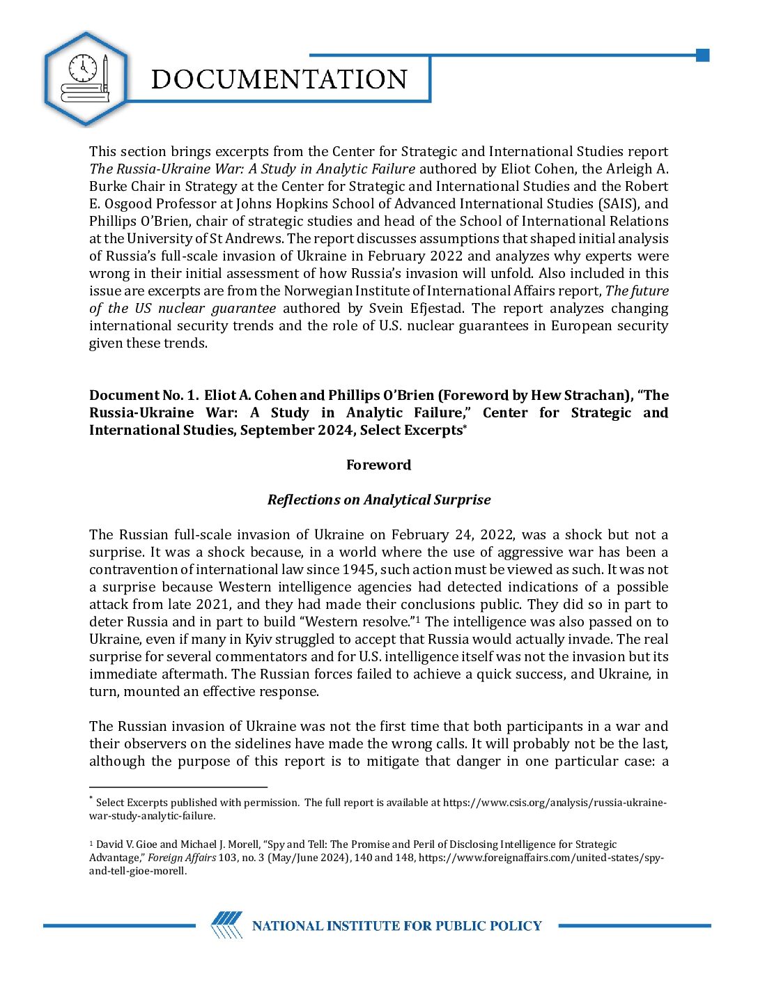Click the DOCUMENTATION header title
click(279, 79)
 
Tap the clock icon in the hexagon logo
click(83, 68)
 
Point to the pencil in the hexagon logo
click(105, 73)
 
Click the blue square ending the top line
click(702, 55)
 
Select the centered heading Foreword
click(378, 465)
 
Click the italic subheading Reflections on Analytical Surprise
click(378, 500)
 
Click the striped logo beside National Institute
click(226, 925)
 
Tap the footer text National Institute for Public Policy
click(396, 926)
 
